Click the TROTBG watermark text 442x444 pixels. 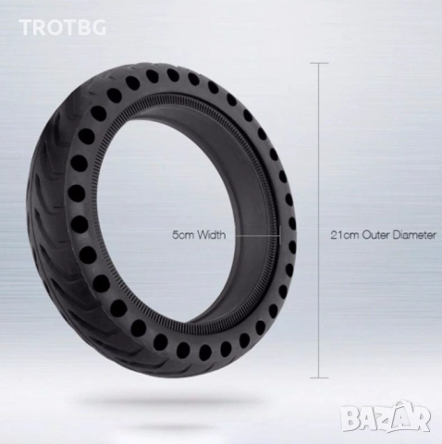click(x=63, y=27)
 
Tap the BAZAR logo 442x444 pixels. click(x=387, y=417)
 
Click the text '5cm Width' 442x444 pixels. click(x=199, y=235)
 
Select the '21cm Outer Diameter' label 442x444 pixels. click(x=384, y=235)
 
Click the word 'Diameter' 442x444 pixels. click(x=414, y=235)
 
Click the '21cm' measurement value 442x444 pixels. click(x=345, y=235)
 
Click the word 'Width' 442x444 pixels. click(x=212, y=235)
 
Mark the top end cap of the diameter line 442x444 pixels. click(x=319, y=63)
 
